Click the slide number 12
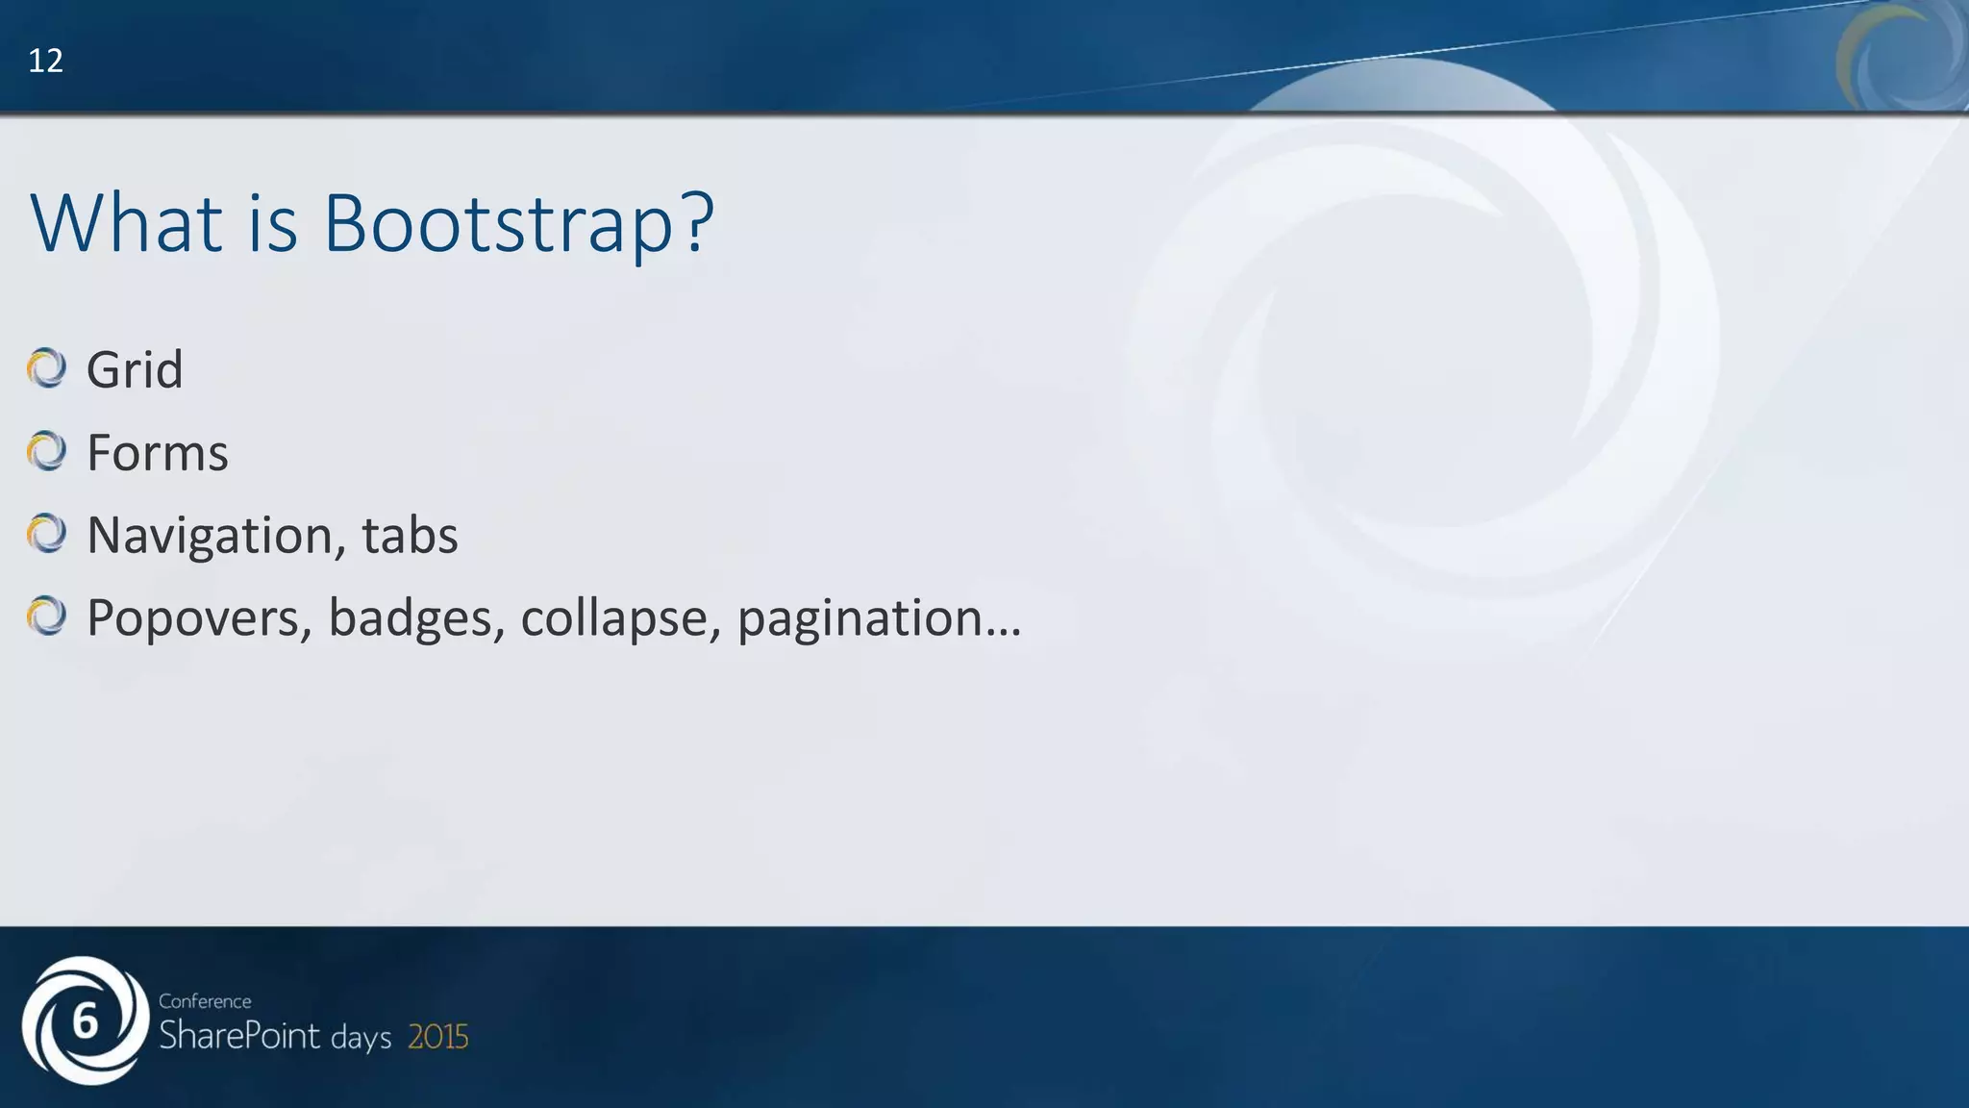click(45, 61)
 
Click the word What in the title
click(126, 223)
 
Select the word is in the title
click(272, 223)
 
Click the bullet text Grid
click(135, 369)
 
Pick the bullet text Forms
click(158, 452)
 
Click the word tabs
click(411, 535)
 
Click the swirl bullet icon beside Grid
click(46, 368)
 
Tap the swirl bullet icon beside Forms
click(46, 451)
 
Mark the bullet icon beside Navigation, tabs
click(46, 534)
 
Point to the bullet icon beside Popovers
click(46, 617)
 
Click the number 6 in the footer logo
click(86, 1021)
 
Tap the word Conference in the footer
click(205, 1001)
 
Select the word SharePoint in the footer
click(239, 1036)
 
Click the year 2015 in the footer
click(438, 1037)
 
